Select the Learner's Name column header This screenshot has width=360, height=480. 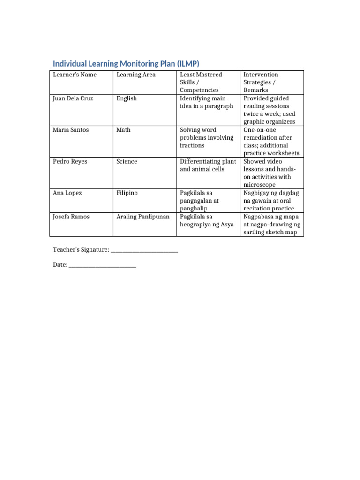pos(75,75)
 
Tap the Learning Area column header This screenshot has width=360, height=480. pos(136,75)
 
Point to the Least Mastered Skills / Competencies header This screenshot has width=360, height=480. pos(201,82)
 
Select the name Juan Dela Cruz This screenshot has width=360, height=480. pos(74,98)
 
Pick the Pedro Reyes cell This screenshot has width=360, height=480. pos(70,161)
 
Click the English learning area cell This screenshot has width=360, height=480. pos(127,98)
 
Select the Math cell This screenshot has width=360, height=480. pos(123,130)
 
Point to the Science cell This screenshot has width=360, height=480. pos(127,161)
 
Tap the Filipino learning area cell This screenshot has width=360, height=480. pos(127,193)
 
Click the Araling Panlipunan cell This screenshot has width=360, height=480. pos(143,217)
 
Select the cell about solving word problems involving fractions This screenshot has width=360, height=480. pos(206,137)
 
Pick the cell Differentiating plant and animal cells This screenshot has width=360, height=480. pos(208,165)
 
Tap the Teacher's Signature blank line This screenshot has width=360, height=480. pos(144,250)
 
